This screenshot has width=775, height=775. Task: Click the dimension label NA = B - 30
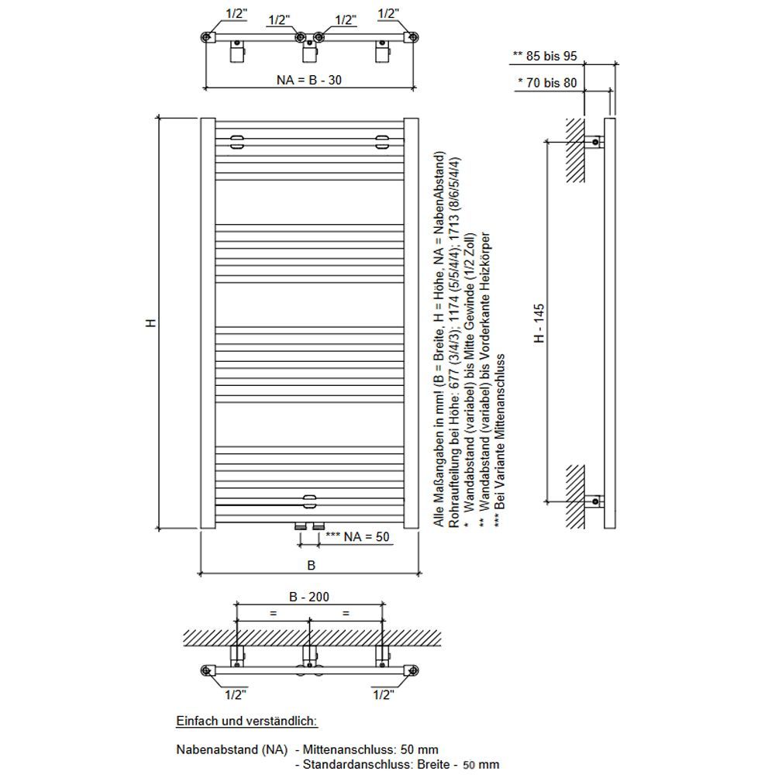pos(309,80)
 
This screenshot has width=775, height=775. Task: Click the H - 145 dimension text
pos(539,323)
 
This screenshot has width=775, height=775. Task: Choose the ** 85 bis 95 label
pos(545,56)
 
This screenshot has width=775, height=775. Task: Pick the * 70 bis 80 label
pos(547,83)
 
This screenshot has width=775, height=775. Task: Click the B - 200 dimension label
pos(309,597)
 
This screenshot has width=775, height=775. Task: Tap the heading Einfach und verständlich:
pos(246,721)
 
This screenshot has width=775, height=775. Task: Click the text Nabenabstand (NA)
pos(232,749)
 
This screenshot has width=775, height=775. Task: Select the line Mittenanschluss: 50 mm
pos(370,749)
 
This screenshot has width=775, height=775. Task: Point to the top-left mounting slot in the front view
pos(236,142)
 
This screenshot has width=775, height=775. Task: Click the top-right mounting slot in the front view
pos(382,142)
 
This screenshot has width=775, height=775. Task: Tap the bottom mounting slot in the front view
pos(309,501)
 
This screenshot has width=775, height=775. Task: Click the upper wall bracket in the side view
pos(594,143)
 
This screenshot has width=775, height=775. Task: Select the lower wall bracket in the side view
pos(594,501)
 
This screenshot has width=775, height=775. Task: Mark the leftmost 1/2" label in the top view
pos(236,14)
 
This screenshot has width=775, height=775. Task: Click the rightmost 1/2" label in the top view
pos(388,14)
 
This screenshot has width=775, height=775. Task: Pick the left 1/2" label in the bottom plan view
pos(236,695)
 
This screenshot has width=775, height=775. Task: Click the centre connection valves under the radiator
pos(309,526)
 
